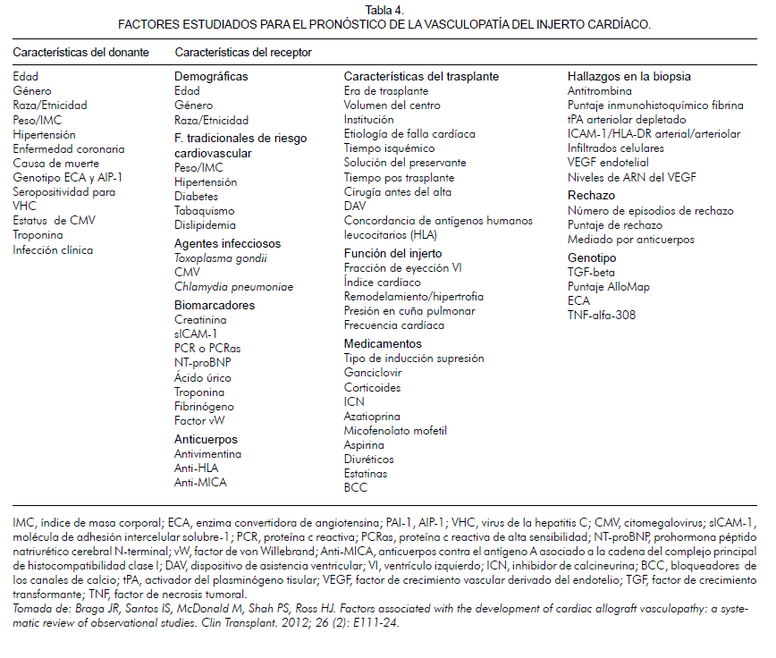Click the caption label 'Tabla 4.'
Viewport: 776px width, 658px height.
pos(387,11)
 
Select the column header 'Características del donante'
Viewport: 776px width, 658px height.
pos(80,53)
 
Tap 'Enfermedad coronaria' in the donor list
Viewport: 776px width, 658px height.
pos(69,148)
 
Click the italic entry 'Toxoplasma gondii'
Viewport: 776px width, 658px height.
pos(221,257)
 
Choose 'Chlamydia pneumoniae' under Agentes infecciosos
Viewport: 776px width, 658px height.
pos(233,287)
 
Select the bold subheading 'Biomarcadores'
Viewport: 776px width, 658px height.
pos(215,305)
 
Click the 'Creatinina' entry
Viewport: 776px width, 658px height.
pos(200,319)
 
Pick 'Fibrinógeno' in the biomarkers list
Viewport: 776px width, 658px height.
pos(205,406)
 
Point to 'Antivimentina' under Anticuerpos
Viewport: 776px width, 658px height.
pos(208,453)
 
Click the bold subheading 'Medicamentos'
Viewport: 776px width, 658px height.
pos(383,343)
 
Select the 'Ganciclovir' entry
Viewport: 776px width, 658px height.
pos(373,373)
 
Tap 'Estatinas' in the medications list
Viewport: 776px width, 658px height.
pos(367,473)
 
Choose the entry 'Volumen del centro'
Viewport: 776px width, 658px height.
pos(392,105)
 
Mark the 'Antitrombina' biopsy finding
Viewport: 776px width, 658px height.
pos(600,91)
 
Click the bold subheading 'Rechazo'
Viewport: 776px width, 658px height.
pos(591,196)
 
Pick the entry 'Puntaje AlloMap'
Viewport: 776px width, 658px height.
pos(609,286)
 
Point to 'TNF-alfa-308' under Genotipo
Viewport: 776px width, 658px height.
pos(602,315)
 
